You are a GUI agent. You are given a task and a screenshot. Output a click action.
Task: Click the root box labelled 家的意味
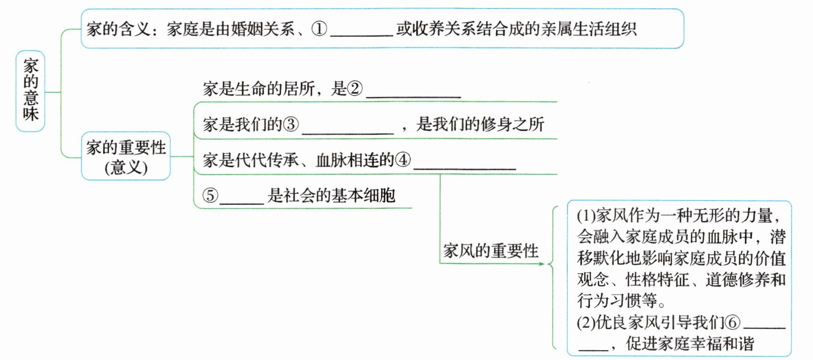click(x=30, y=91)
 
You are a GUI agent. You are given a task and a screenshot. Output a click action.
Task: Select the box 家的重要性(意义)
click(x=126, y=156)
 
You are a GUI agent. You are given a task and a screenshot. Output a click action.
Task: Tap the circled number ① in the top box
click(x=319, y=29)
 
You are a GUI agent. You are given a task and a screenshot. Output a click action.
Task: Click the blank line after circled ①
click(x=362, y=33)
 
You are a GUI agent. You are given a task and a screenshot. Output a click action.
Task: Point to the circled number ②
click(x=355, y=89)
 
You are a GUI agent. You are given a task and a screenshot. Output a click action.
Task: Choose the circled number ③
click(x=291, y=125)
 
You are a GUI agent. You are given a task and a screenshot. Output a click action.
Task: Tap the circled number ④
click(x=403, y=160)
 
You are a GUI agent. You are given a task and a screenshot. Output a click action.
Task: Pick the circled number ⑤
click(x=210, y=195)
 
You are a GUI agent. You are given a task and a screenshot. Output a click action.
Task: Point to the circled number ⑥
click(x=733, y=322)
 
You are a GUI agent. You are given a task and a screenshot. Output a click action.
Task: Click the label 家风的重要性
click(x=490, y=251)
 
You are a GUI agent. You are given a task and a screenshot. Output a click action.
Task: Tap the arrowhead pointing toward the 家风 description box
click(x=542, y=264)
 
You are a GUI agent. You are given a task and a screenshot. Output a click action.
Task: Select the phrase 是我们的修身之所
click(x=480, y=125)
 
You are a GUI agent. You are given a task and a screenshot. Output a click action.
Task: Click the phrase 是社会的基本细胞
click(x=331, y=195)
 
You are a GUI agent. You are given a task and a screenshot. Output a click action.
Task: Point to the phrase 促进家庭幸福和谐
click(x=690, y=344)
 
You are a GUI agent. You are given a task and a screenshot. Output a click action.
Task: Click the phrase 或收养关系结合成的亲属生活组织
click(x=517, y=29)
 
